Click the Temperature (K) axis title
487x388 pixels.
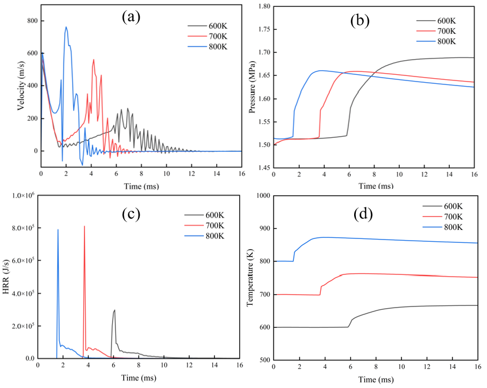click(251, 277)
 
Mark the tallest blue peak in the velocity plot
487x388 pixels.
click(66, 26)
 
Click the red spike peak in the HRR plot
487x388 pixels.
click(84, 226)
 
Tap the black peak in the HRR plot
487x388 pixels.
click(115, 310)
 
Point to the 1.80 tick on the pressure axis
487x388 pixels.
click(261, 6)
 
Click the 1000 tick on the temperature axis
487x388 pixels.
click(260, 195)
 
